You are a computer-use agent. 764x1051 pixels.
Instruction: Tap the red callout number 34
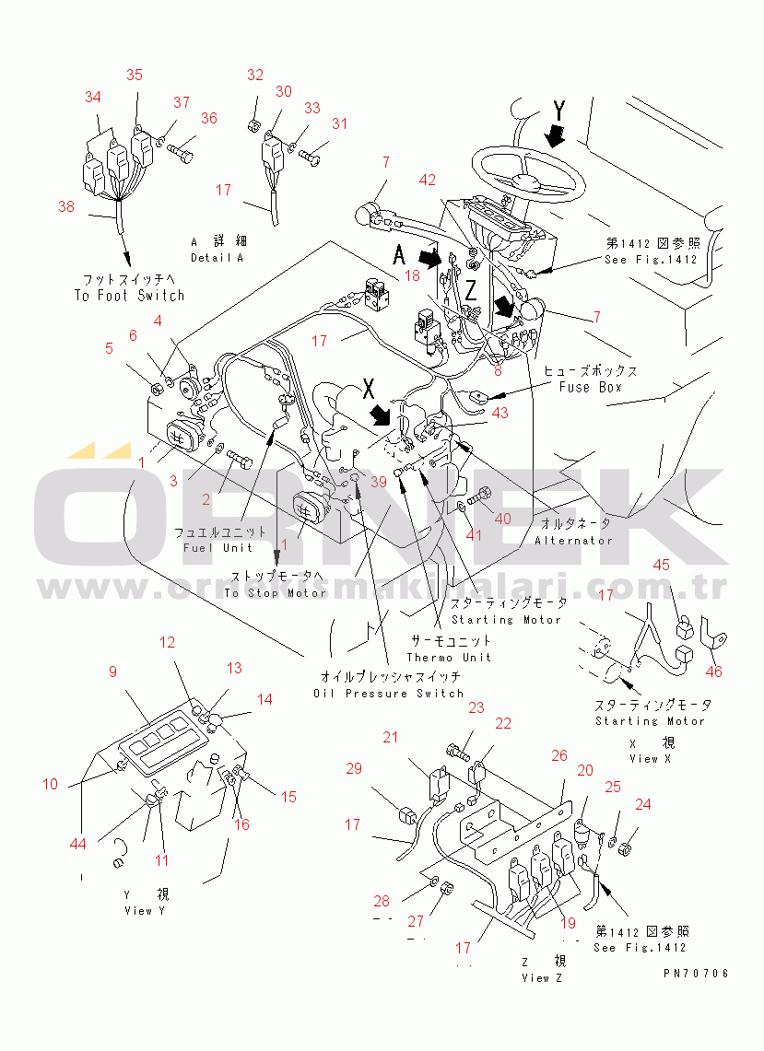pos(93,97)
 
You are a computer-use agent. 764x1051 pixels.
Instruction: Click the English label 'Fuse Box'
pos(590,388)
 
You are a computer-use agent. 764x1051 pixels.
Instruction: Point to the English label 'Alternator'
pos(572,540)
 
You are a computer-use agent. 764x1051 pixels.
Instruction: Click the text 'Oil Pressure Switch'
pos(386,693)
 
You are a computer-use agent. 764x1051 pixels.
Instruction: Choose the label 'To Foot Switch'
pos(129,296)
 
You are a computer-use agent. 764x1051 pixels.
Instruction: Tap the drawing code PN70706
pos(695,973)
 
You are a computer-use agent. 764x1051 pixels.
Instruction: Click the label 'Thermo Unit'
pos(449,657)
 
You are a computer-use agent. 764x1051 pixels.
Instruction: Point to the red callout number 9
pos(113,671)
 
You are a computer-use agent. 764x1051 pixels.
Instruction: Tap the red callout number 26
pos(558,755)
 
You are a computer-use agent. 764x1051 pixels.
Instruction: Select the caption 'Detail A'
pos(217,258)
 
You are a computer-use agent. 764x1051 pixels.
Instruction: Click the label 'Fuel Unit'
pos(217,548)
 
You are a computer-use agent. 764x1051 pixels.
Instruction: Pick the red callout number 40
pos(502,519)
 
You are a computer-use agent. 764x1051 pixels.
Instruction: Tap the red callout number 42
pos(428,181)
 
